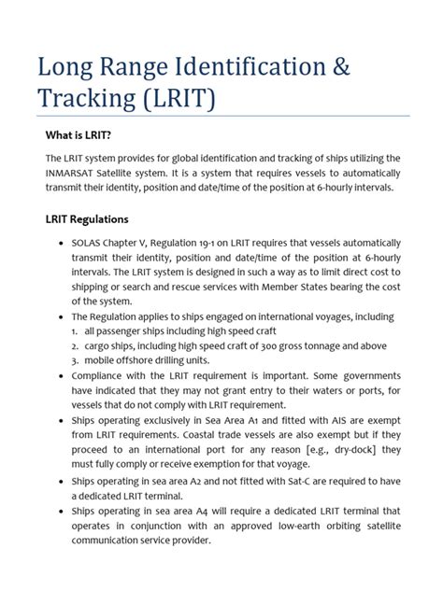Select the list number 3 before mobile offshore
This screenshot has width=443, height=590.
click(74, 360)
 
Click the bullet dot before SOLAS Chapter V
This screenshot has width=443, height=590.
click(60, 245)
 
